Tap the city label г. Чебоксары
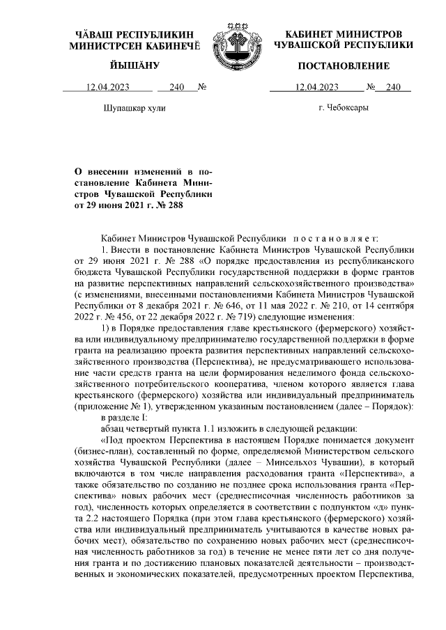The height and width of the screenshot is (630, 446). point(343,109)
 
